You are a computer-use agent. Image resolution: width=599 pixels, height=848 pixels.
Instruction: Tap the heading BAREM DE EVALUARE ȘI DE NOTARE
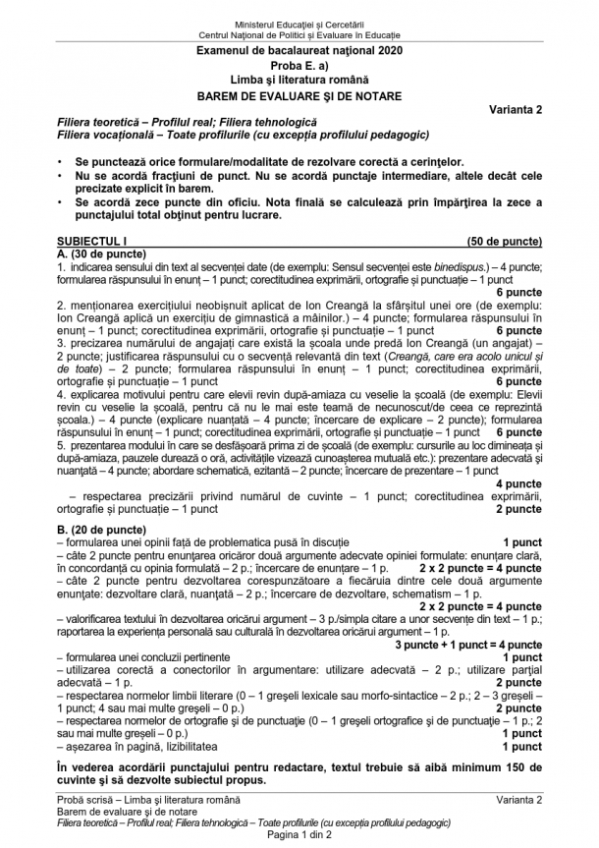coord(299,94)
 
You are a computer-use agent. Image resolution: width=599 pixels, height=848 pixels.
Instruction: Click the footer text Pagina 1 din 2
coord(299,835)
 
